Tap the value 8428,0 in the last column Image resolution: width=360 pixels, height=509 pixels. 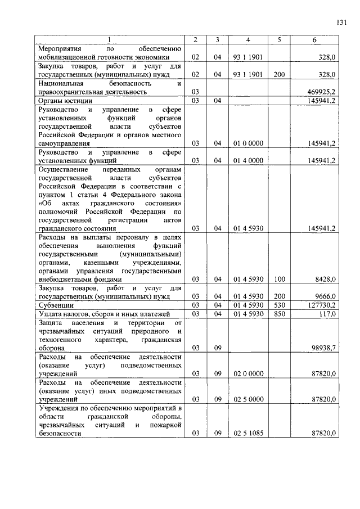point(325,279)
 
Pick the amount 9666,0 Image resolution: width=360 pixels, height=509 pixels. point(325,296)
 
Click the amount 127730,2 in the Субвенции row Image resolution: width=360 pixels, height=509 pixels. point(322,305)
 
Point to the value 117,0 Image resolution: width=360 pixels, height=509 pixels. point(327,314)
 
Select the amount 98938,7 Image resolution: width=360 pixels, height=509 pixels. point(323,348)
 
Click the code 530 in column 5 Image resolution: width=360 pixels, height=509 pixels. point(279,305)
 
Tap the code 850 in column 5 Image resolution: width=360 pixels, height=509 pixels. point(279,314)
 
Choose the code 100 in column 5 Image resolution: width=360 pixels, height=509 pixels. point(279,279)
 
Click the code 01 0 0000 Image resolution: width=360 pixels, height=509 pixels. point(248,143)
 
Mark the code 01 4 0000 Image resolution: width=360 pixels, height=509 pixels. point(248,161)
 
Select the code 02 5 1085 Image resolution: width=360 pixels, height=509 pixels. point(248,433)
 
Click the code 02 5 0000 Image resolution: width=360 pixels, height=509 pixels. point(248,399)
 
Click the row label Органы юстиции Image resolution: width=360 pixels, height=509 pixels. point(61,100)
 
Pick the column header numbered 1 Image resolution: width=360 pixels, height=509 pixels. point(110,40)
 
